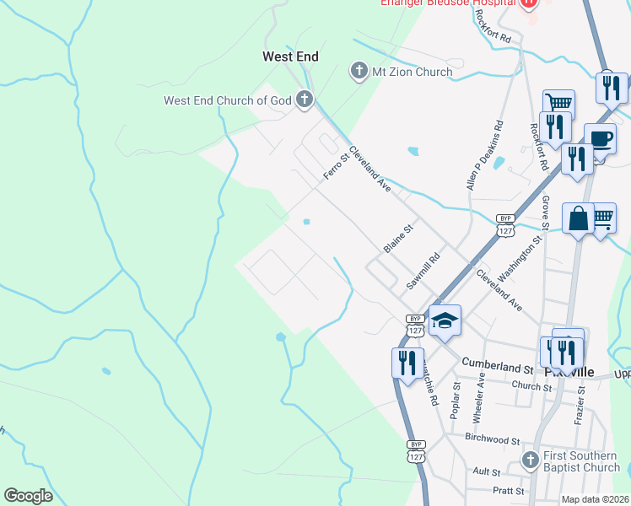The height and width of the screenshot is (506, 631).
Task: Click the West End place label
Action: pos(290,57)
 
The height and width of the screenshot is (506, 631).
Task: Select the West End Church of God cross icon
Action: pos(304,100)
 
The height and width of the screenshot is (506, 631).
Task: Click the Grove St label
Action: pos(546,213)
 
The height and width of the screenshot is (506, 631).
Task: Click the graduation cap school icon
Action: pos(445,320)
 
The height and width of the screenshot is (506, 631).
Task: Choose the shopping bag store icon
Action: pos(580,219)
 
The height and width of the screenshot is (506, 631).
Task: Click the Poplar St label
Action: pos(455,398)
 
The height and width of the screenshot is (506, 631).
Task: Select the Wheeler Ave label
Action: pos(478,398)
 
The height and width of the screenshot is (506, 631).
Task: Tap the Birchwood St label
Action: pos(492,439)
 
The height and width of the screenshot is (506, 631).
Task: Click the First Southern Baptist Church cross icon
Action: pos(530,460)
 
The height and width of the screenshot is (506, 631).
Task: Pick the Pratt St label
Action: pos(509,490)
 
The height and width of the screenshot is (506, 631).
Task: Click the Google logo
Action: pos(28,496)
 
